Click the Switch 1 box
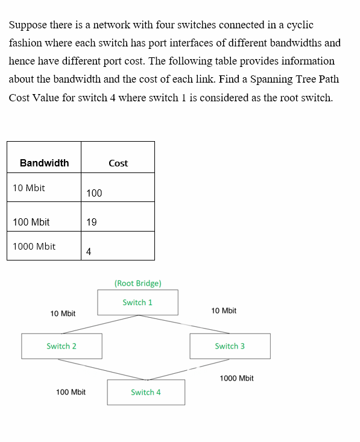(137, 302)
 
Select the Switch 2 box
(62, 346)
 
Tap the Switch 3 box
(230, 346)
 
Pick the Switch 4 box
(146, 392)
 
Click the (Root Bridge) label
(137, 283)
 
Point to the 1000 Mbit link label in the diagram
(236, 378)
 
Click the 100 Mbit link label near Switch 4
(71, 392)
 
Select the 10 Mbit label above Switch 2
(63, 314)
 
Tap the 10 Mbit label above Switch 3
(224, 311)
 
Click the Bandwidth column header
(44, 163)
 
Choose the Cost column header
(118, 163)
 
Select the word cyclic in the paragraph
(300, 25)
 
